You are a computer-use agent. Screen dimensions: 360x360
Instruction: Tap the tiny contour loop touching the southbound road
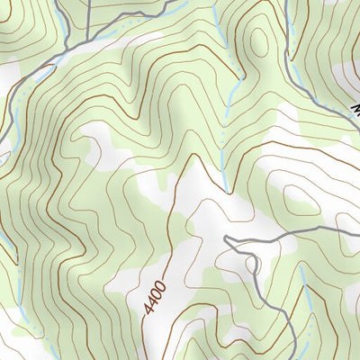click(251, 265)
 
